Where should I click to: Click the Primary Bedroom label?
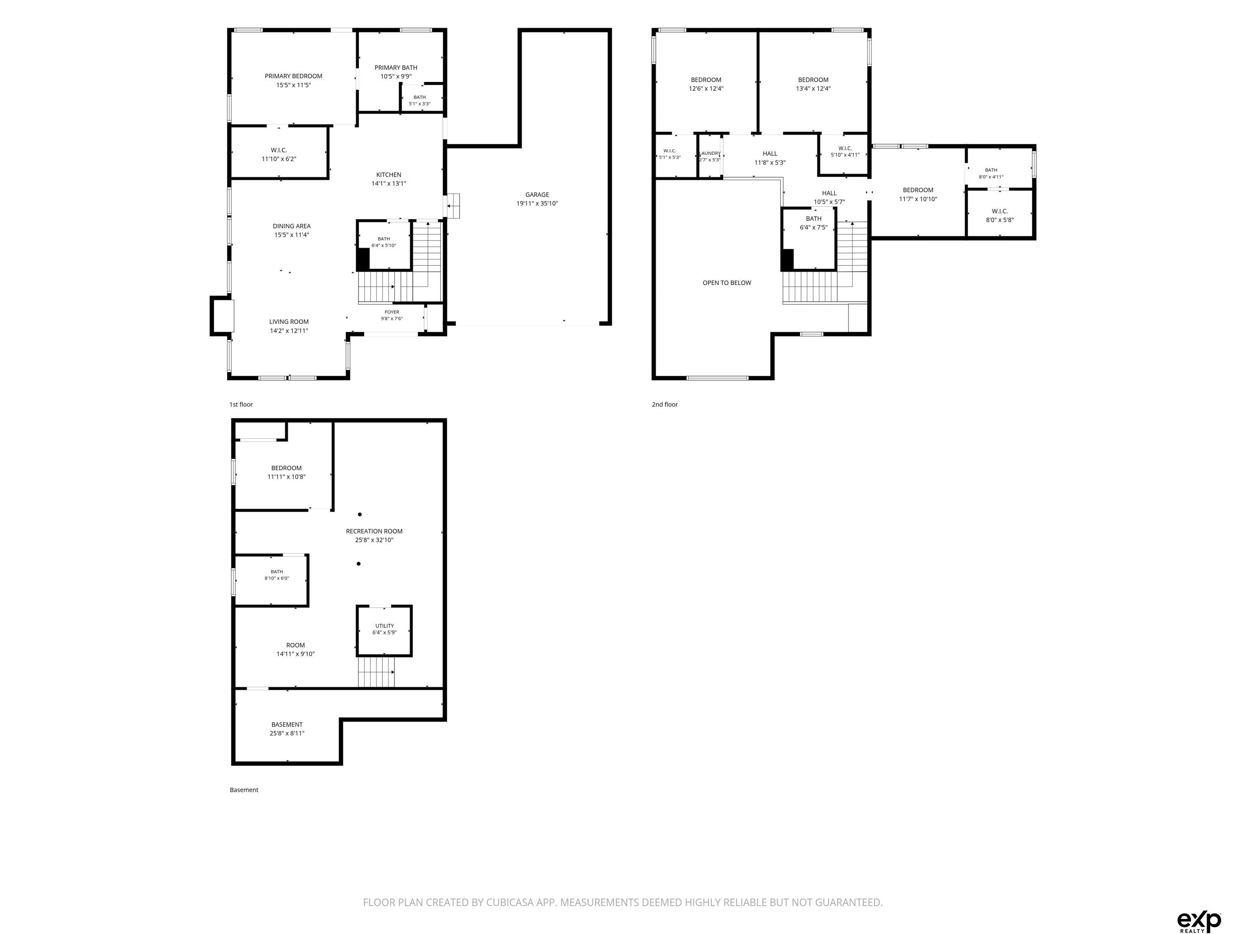point(294,76)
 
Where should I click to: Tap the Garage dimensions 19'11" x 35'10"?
point(537,203)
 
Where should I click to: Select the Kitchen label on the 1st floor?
point(389,175)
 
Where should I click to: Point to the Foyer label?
point(392,312)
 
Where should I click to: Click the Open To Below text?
point(727,283)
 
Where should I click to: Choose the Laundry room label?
point(710,153)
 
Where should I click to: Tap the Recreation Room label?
point(374,531)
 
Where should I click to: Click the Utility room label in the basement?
point(385,626)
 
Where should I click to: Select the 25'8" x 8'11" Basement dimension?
point(287,733)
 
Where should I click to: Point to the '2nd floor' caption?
point(665,404)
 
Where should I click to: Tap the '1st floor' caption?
point(241,404)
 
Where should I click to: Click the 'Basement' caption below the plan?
point(244,790)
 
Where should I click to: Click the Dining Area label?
point(291,226)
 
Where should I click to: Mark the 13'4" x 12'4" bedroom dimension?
point(813,88)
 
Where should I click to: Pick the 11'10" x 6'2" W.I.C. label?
point(278,159)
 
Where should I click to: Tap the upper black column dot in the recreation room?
point(360,514)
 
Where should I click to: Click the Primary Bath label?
point(395,68)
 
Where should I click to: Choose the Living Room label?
point(288,322)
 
